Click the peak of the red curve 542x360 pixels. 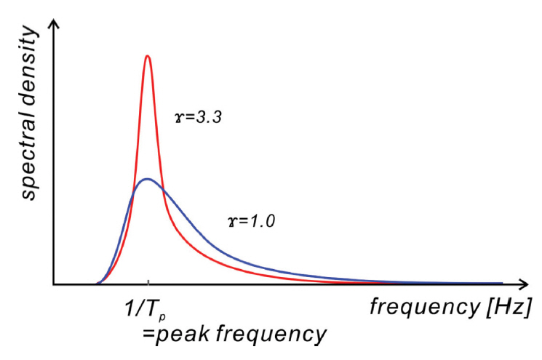148,56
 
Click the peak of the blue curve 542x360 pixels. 147,179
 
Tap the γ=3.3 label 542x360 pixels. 198,116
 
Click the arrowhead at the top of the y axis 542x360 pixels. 52,25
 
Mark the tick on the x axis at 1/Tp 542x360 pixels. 148,283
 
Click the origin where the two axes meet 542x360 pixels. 52,284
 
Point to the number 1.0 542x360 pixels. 261,220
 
